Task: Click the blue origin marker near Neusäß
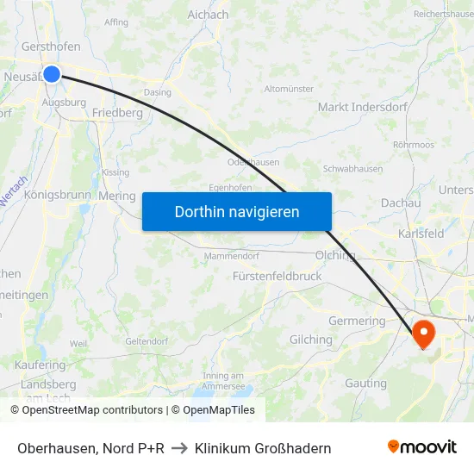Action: [x=52, y=74]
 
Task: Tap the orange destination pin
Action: [x=425, y=333]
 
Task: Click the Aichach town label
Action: [x=208, y=15]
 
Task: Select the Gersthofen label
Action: [x=51, y=47]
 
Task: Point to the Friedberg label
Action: [x=117, y=113]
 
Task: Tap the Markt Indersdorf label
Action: [x=356, y=107]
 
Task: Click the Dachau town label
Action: [x=401, y=203]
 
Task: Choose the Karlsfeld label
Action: [x=421, y=234]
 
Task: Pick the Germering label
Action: [x=357, y=321]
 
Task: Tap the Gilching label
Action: [x=311, y=340]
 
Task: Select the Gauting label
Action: [x=365, y=383]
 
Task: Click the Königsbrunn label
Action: [x=58, y=195]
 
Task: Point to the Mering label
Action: [x=116, y=196]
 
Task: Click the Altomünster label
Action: [x=289, y=89]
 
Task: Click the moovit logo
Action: [x=422, y=447]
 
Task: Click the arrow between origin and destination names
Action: [x=179, y=448]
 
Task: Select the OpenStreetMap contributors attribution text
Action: [x=86, y=410]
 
